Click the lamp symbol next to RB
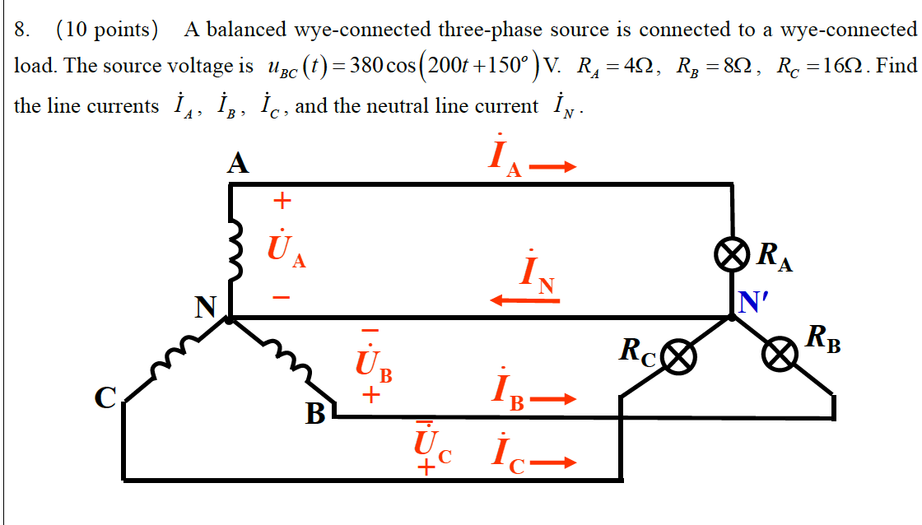(x=778, y=356)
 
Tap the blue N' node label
(x=751, y=303)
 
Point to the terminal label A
(x=238, y=164)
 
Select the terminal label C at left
(x=105, y=397)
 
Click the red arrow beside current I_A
(x=551, y=168)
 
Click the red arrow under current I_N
(x=524, y=301)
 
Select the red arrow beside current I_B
(x=551, y=401)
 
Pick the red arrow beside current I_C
(x=551, y=462)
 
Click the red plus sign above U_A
(x=282, y=200)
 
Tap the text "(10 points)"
(x=107, y=30)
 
